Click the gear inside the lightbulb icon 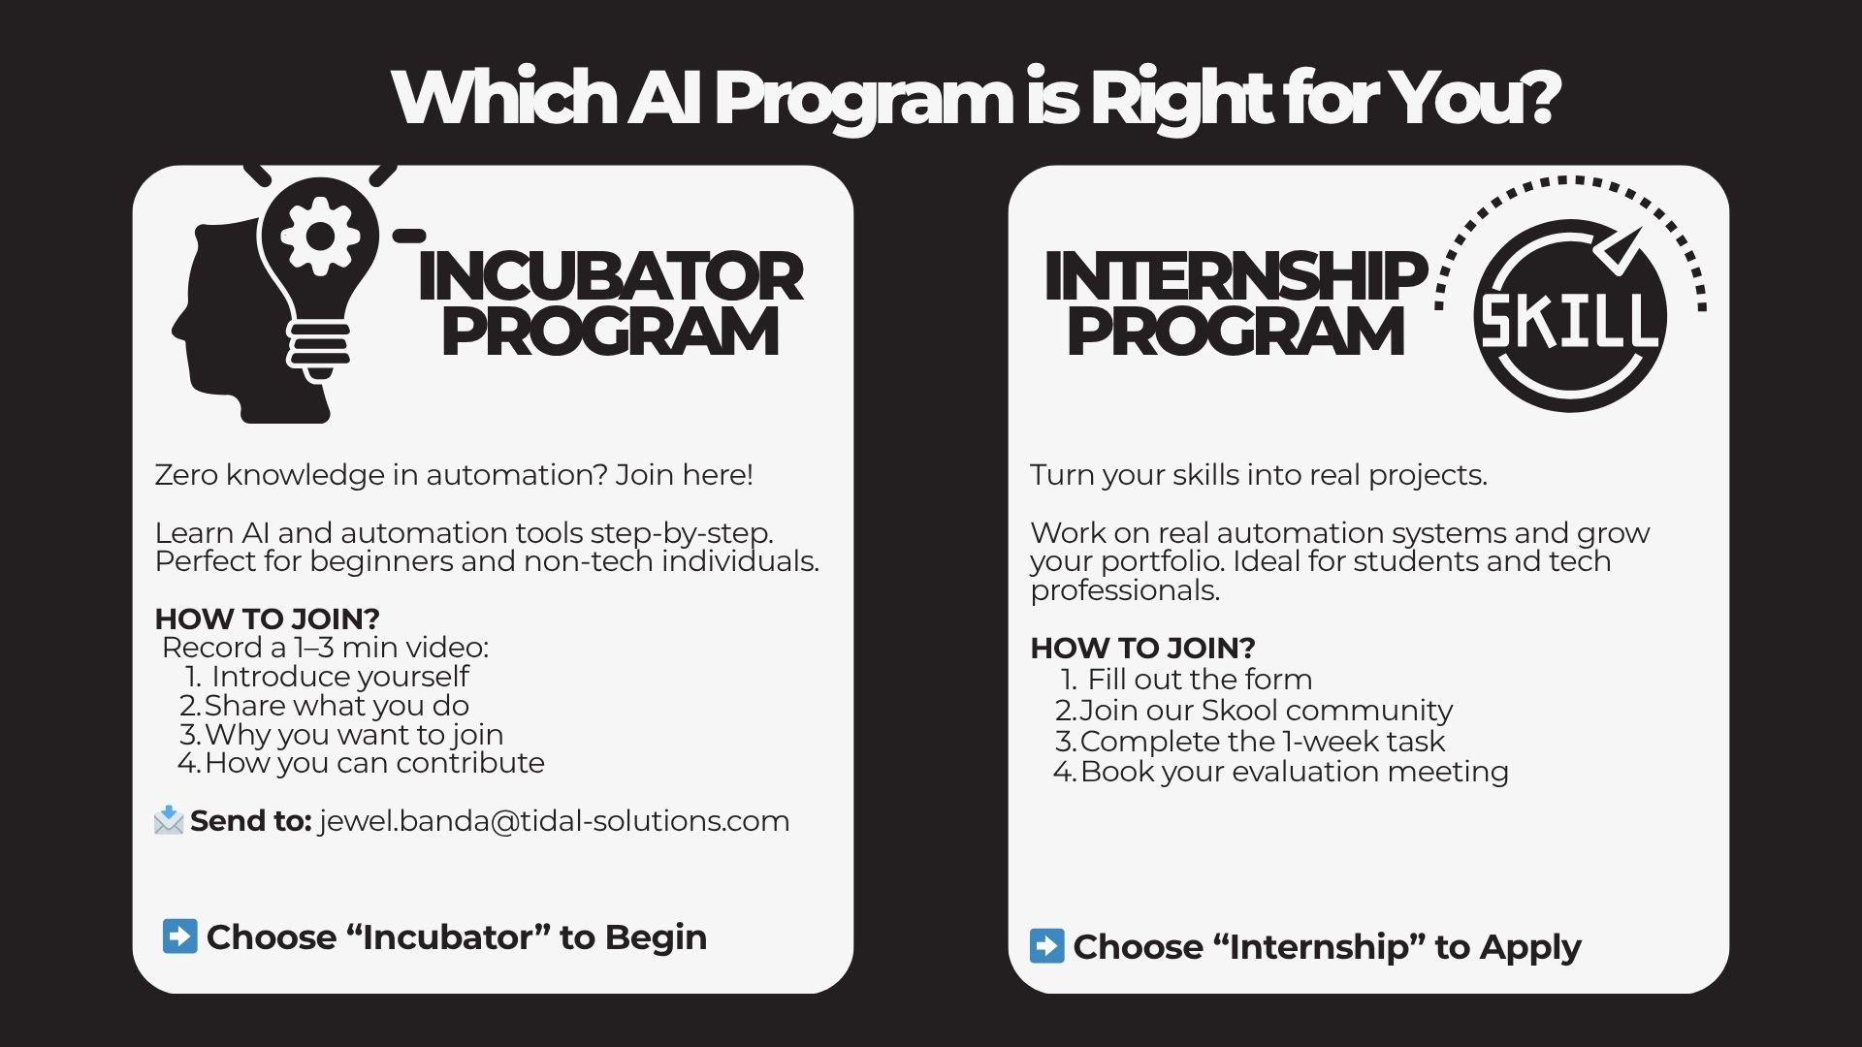[319, 236]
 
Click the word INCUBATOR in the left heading [610, 276]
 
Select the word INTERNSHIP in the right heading [1236, 276]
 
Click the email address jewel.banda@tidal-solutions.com [554, 821]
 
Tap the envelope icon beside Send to [169, 820]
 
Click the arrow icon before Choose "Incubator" [180, 936]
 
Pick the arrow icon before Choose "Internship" [1046, 946]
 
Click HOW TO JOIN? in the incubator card [268, 619]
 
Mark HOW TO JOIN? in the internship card [1143, 648]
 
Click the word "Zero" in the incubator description [186, 475]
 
